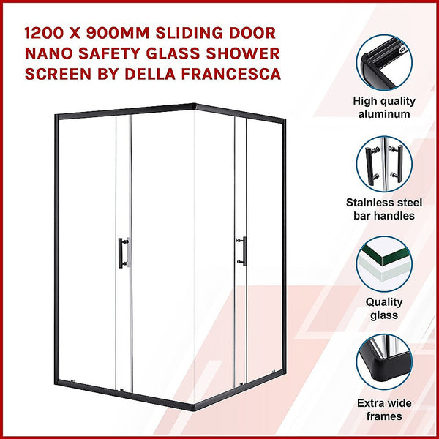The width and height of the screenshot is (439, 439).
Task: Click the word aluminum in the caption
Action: coord(385,114)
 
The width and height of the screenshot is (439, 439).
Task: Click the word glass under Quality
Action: coord(385,315)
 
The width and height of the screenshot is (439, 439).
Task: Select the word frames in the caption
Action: coord(385,416)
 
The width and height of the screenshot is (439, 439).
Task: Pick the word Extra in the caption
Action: coord(370,403)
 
